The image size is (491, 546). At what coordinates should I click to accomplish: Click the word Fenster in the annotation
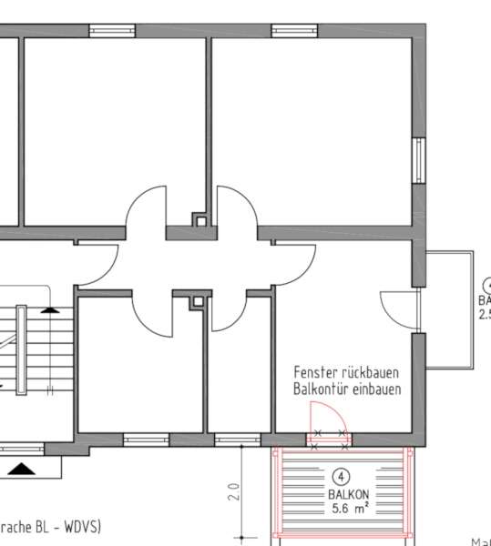pyautogui.click(x=315, y=373)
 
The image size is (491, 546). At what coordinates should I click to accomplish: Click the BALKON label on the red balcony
pyautogui.click(x=341, y=495)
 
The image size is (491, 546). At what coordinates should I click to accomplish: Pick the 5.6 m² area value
pyautogui.click(x=341, y=510)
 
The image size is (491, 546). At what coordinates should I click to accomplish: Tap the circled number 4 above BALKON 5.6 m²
pyautogui.click(x=341, y=476)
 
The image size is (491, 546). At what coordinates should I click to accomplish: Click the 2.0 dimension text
pyautogui.click(x=234, y=492)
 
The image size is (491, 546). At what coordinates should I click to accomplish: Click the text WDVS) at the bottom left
pyautogui.click(x=80, y=526)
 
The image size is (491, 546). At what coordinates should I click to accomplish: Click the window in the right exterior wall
pyautogui.click(x=418, y=160)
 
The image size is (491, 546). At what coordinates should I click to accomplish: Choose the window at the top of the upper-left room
pyautogui.click(x=112, y=31)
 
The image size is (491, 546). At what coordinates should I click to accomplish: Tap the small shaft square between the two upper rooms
pyautogui.click(x=199, y=219)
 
